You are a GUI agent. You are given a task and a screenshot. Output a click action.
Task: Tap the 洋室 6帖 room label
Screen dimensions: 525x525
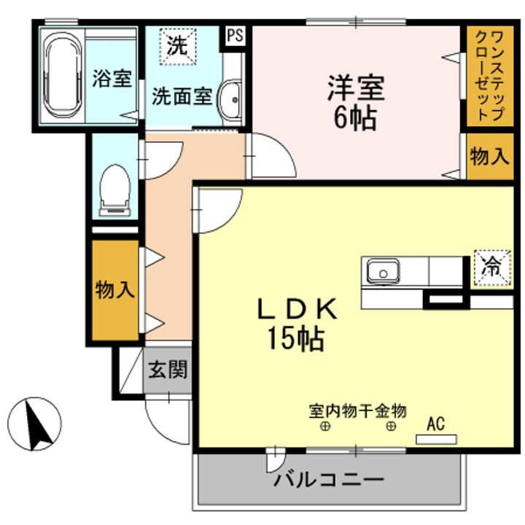coord(355,102)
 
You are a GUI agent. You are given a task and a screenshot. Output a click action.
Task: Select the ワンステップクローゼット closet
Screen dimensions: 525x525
coord(486,76)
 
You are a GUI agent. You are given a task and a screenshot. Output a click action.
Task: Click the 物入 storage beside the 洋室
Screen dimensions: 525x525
coord(487,157)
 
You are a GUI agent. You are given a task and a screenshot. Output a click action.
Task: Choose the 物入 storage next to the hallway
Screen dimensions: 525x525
coord(114,290)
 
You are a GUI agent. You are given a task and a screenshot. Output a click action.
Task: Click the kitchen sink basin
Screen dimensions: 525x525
coord(381,273)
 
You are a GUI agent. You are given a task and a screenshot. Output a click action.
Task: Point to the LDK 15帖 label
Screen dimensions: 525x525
coord(296,324)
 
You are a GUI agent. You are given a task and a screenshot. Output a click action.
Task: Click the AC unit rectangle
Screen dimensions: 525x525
coord(436,439)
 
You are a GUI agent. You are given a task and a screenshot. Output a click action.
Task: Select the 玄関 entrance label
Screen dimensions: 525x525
coord(168,370)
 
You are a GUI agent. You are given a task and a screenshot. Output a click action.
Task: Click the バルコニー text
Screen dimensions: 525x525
coord(329,481)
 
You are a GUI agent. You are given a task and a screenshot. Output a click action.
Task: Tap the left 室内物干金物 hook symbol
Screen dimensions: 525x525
coord(324,427)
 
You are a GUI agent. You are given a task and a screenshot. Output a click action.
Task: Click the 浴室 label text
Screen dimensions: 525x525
coord(112,79)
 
